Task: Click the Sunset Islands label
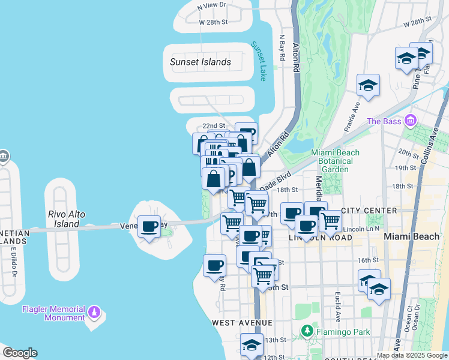(x=200, y=62)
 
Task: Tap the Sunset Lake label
(x=258, y=61)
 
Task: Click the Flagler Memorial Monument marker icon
(x=94, y=313)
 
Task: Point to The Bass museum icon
(x=411, y=121)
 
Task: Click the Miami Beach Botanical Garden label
(x=335, y=161)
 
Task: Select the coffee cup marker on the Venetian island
(x=149, y=227)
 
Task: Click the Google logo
(x=20, y=353)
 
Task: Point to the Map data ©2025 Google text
(x=411, y=355)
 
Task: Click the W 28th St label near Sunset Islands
(x=214, y=22)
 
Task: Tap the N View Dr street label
(x=212, y=5)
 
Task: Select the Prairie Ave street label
(x=357, y=108)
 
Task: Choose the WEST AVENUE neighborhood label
(x=237, y=323)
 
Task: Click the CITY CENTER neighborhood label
(x=369, y=211)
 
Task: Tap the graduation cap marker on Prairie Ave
(x=368, y=85)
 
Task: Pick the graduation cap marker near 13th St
(x=252, y=344)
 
